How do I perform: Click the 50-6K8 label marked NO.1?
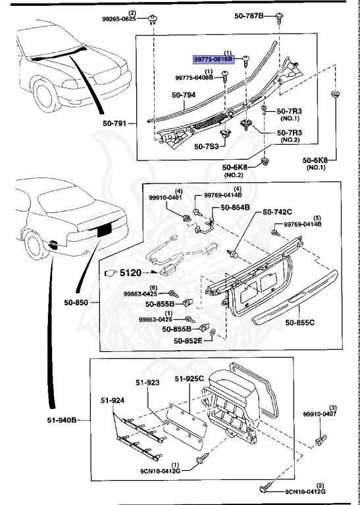[319, 159]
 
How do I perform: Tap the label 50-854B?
[236, 207]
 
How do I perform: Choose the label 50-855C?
[299, 322]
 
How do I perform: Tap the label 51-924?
[113, 399]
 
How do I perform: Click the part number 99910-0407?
[319, 415]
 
